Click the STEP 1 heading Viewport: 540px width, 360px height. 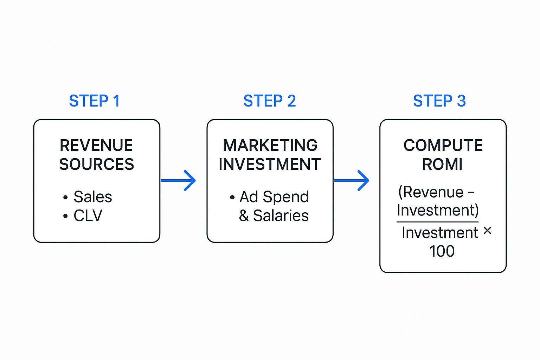tap(94, 101)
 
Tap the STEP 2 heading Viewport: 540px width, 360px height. tap(270, 101)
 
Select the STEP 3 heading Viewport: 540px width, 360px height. tap(439, 101)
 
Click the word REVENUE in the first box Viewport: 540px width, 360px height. tap(96, 145)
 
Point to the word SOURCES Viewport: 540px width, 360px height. tap(96, 164)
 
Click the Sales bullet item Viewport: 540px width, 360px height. tap(92, 197)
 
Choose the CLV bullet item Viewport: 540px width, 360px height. tap(88, 216)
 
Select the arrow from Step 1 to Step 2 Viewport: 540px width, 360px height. tap(178, 181)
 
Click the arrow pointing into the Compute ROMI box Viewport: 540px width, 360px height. tap(352, 181)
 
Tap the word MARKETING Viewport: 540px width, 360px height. tap(270, 145)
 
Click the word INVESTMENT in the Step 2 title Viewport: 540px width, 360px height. tap(270, 164)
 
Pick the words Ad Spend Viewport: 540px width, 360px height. tap(274, 197)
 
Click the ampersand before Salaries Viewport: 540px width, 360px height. tap(244, 216)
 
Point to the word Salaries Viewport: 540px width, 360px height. tap(281, 216)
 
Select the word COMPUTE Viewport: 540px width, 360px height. tap(443, 145)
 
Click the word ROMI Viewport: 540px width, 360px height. tap(442, 164)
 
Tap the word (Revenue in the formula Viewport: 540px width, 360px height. tap(431, 192)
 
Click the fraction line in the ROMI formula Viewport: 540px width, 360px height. tap(437, 222)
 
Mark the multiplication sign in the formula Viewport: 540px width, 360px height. tap(487, 231)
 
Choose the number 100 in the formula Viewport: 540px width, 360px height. tap(442, 251)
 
